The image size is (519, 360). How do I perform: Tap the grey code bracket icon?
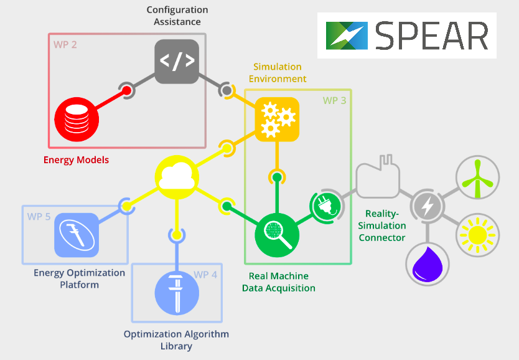[177, 61]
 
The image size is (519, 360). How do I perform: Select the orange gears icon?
[277, 120]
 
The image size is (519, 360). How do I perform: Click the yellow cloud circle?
[176, 178]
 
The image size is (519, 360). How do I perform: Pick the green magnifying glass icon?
[277, 235]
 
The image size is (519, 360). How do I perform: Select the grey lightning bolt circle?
[427, 206]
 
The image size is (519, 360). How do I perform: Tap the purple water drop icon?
[427, 263]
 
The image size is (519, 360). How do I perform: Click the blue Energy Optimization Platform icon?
[77, 235]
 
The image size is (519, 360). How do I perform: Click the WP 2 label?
[65, 45]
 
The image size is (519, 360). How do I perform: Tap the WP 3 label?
[334, 100]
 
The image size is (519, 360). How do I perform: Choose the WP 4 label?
[205, 274]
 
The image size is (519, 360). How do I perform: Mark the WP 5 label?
[39, 217]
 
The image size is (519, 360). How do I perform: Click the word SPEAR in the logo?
[431, 36]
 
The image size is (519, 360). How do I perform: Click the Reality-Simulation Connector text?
[382, 225]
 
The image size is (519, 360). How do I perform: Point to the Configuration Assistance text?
[177, 16]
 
